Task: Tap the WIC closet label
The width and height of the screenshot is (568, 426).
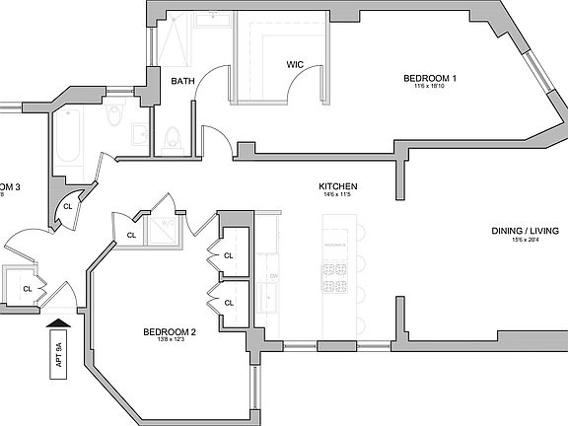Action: (294, 66)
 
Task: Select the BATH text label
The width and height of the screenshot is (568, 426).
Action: (181, 81)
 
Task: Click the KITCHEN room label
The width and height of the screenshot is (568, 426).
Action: (337, 186)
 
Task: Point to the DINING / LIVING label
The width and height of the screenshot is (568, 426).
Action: (526, 231)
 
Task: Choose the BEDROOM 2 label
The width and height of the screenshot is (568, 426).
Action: (169, 331)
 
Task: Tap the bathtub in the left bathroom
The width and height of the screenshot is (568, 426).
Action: (72, 136)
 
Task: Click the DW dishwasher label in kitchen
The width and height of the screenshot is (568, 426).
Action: (271, 277)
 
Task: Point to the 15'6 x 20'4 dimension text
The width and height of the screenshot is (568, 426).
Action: (526, 241)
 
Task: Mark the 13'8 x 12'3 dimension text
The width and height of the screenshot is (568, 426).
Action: (169, 341)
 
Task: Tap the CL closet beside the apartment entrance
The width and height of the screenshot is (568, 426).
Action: (27, 290)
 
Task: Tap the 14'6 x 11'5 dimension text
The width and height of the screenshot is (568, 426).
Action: (337, 195)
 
